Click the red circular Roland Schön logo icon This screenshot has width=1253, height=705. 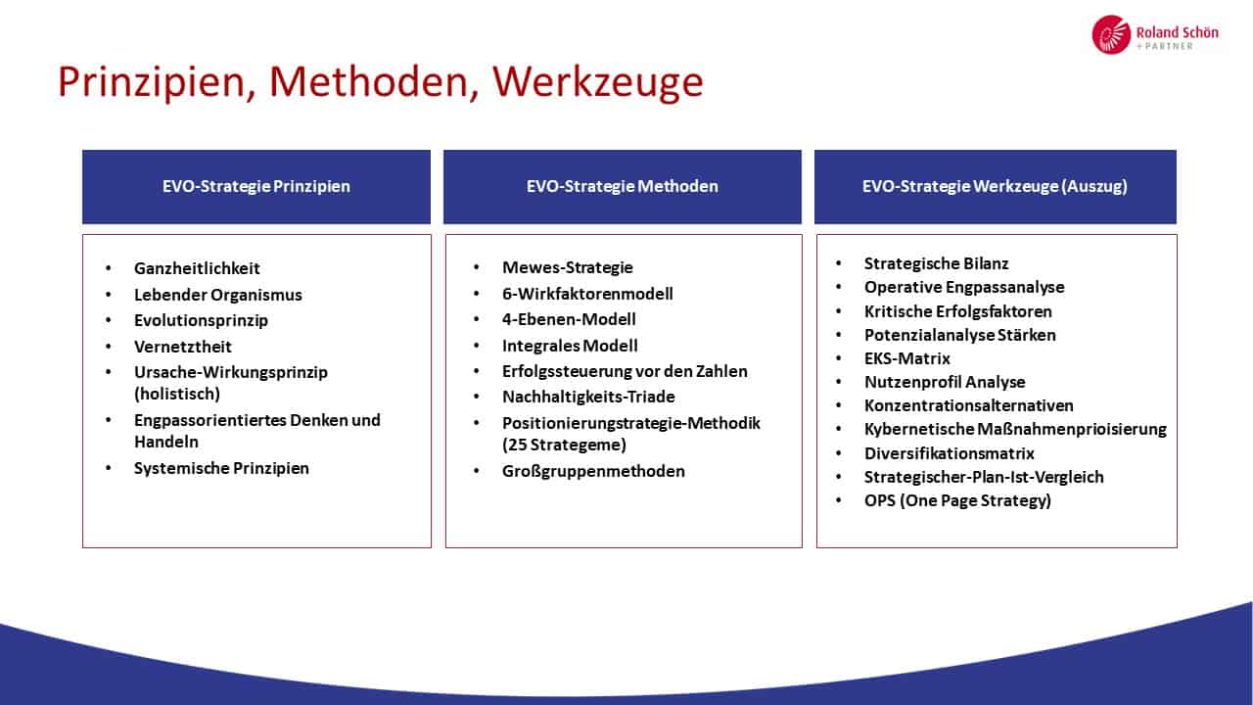click(x=1111, y=34)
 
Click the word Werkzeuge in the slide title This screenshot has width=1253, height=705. click(x=597, y=82)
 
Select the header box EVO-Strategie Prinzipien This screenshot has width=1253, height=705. click(x=256, y=186)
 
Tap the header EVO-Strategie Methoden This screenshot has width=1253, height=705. click(x=622, y=186)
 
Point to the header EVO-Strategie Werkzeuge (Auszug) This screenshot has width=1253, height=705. click(x=996, y=186)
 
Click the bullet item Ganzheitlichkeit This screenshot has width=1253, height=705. click(x=197, y=268)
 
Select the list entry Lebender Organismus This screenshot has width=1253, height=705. click(x=218, y=295)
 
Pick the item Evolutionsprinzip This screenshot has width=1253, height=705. click(x=202, y=320)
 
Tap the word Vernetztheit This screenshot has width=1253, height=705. click(x=183, y=347)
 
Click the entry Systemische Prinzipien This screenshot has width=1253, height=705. click(x=221, y=468)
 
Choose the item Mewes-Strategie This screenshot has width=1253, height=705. click(x=568, y=267)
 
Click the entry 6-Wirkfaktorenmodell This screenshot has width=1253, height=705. click(x=587, y=294)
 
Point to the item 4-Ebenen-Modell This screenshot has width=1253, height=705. click(x=569, y=319)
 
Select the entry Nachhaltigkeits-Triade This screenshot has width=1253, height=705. click(x=588, y=397)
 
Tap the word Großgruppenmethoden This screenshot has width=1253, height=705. click(x=593, y=471)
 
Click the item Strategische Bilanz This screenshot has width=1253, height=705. click(x=937, y=263)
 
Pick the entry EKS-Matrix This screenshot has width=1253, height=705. click(x=907, y=358)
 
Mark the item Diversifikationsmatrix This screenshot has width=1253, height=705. click(x=950, y=453)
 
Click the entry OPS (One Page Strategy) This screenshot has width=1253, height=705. click(x=957, y=500)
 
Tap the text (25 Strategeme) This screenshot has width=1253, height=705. click(x=565, y=445)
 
